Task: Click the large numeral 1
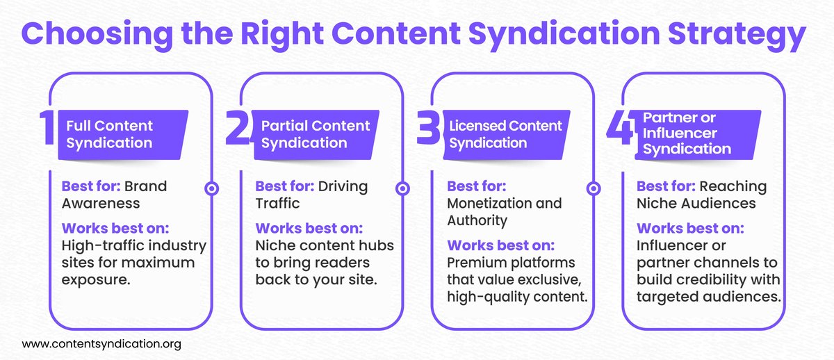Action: click(x=48, y=130)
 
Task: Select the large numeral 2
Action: click(x=238, y=130)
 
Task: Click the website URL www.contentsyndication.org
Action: click(x=101, y=343)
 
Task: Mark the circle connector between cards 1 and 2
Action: click(x=211, y=188)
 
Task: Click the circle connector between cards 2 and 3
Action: click(x=402, y=188)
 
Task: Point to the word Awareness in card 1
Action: click(x=101, y=204)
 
